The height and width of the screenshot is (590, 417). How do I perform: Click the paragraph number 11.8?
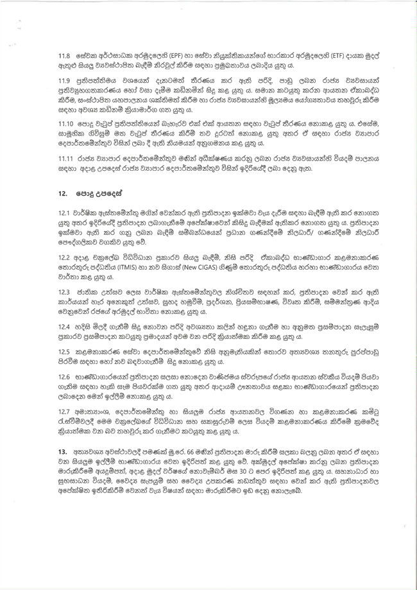(64, 56)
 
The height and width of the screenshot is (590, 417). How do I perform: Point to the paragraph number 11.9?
(64, 83)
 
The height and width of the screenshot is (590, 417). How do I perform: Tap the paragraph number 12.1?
(64, 213)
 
